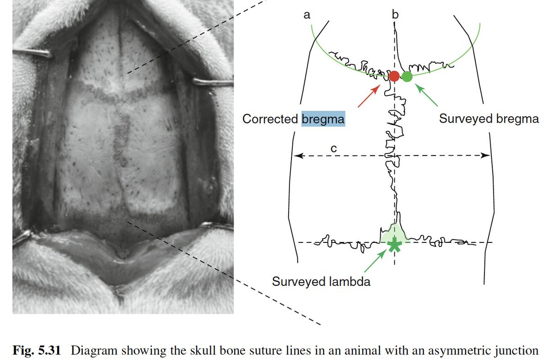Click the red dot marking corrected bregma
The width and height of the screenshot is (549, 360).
394,76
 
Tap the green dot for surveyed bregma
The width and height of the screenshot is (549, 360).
407,76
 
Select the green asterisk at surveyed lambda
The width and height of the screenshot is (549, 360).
394,246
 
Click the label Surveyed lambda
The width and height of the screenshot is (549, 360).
321,281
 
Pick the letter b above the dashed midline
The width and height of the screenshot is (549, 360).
395,15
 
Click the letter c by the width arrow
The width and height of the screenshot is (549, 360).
334,148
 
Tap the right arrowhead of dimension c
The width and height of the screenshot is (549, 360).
487,156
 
